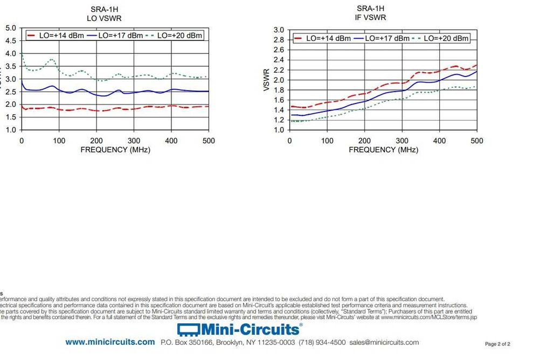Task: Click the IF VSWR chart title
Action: tap(371, 17)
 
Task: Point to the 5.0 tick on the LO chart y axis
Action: tap(10, 27)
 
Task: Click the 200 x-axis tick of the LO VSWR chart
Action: tap(96, 141)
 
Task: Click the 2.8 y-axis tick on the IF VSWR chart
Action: tap(278, 40)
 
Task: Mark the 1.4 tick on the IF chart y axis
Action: tap(278, 110)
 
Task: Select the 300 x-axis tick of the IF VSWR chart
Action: tap(402, 141)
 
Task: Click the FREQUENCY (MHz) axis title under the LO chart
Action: tap(115, 149)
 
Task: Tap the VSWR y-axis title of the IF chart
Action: tap(266, 80)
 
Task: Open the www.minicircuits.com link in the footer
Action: tap(110, 342)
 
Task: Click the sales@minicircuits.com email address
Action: tap(384, 342)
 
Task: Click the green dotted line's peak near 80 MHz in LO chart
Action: tap(51, 59)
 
